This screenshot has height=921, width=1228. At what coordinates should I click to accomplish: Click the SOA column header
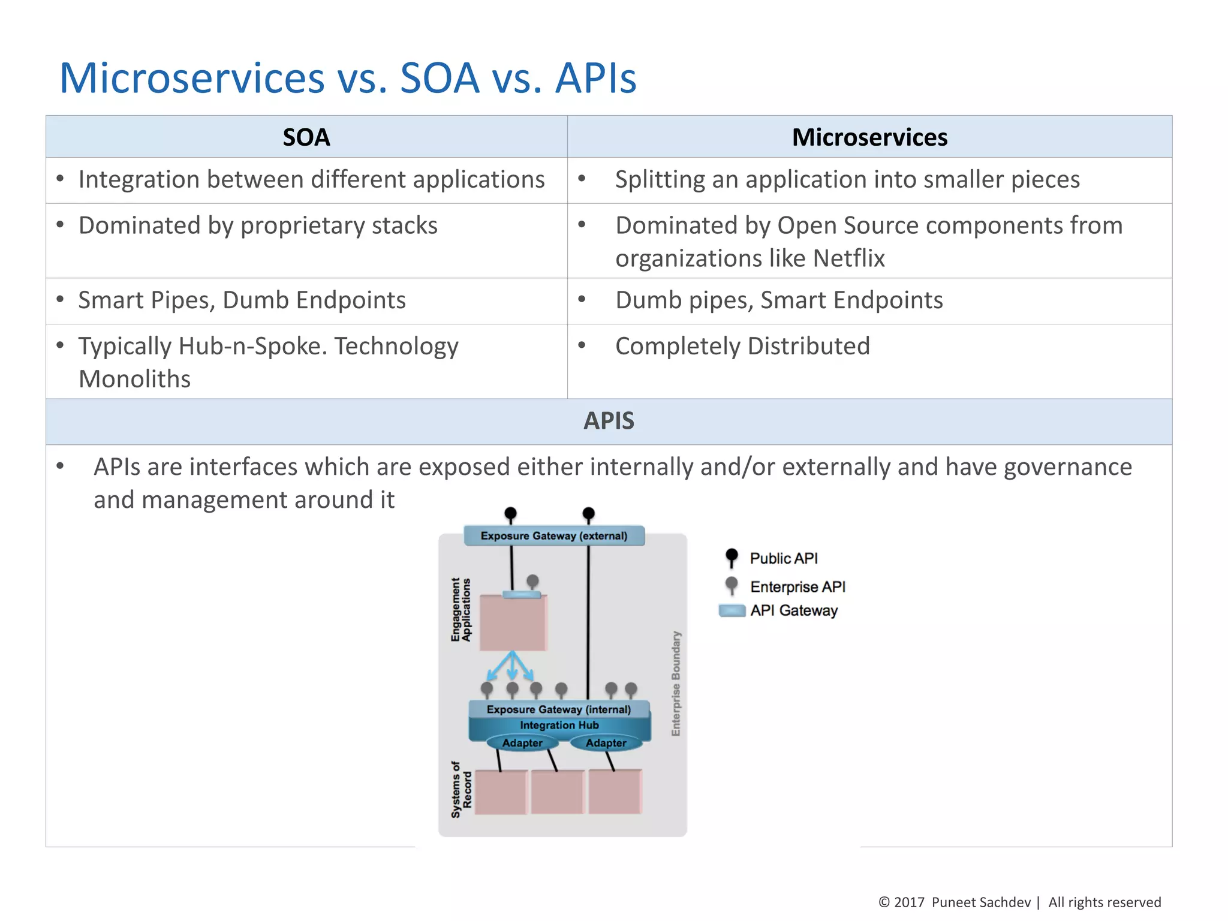306,137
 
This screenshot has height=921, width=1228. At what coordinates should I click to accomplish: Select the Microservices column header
869,137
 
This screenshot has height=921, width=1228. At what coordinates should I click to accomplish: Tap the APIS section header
609,421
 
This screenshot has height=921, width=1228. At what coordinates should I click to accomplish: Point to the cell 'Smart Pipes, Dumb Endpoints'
242,300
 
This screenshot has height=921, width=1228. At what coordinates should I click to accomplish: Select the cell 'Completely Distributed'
742,346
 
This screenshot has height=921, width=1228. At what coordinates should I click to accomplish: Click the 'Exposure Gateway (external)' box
554,535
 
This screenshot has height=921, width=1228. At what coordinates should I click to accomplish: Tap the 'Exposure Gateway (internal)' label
558,709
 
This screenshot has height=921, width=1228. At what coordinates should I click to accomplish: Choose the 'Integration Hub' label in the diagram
559,726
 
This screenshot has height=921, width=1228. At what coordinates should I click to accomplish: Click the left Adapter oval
522,743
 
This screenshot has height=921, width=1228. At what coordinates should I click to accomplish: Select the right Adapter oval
606,743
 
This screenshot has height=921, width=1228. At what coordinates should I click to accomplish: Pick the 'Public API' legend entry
783,558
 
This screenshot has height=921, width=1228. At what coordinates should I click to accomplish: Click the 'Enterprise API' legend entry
797,586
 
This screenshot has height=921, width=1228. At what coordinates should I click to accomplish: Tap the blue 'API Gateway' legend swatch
732,610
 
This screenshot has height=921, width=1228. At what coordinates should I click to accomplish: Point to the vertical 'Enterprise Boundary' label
676,684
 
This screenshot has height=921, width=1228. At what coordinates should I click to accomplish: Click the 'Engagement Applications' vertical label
460,610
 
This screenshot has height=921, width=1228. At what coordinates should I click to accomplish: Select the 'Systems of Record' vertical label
461,790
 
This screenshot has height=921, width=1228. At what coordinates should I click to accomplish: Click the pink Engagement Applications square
513,624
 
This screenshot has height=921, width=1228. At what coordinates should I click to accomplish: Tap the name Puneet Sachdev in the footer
980,902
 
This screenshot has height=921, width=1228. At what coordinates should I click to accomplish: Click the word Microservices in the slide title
192,78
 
